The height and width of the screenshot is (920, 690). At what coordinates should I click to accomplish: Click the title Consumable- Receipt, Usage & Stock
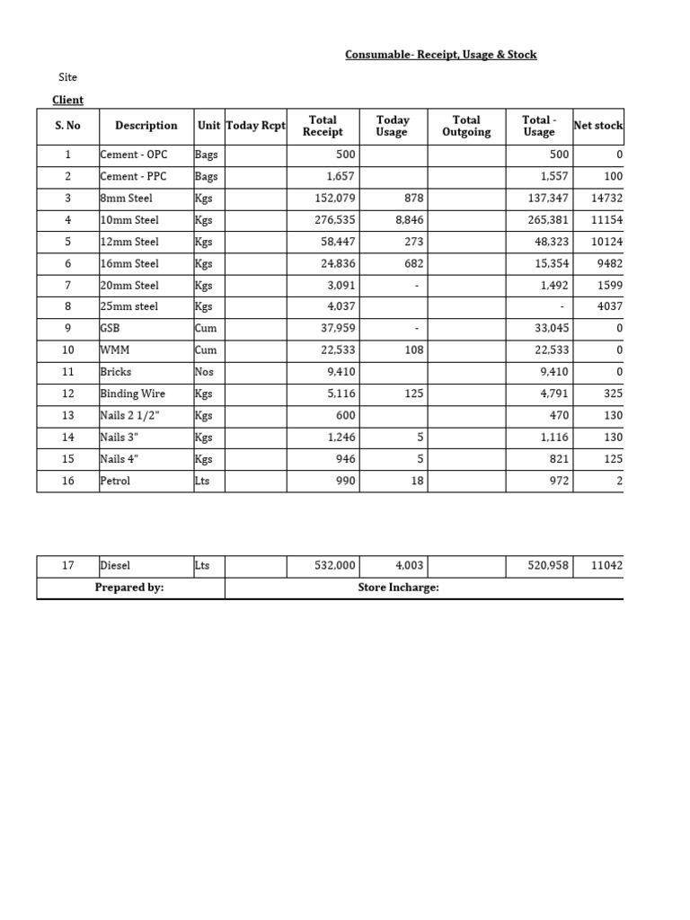441,55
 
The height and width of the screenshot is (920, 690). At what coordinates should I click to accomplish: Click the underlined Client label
67,100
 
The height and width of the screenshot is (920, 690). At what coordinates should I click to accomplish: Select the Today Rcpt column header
255,126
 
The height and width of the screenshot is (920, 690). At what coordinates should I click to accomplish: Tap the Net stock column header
597,126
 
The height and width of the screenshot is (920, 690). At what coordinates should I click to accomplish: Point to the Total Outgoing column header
466,126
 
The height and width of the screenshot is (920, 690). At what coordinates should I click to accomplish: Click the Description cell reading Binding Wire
133,394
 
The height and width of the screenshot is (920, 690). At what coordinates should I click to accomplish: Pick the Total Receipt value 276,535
335,219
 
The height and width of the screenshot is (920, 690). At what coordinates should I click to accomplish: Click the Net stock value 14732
606,198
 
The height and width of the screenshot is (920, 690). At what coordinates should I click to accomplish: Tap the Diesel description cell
115,566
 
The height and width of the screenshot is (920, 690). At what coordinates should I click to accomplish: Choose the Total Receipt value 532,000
333,566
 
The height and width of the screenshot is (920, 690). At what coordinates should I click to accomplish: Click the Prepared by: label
129,588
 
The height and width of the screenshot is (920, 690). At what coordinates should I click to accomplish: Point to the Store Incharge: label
398,588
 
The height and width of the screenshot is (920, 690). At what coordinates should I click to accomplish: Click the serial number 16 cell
67,481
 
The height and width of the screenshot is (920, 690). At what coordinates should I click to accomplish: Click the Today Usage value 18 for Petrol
416,481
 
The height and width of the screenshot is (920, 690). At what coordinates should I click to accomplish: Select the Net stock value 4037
608,306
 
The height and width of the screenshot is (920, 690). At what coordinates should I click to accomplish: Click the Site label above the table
67,78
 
